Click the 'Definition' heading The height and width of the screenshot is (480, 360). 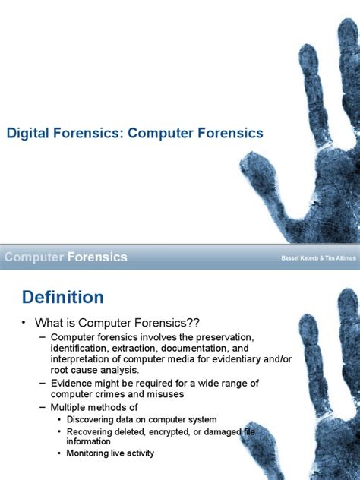click(62, 296)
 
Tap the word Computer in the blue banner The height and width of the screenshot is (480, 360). click(33, 257)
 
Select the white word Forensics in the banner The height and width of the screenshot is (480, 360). click(97, 257)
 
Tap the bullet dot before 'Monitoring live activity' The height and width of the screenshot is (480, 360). click(60, 453)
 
